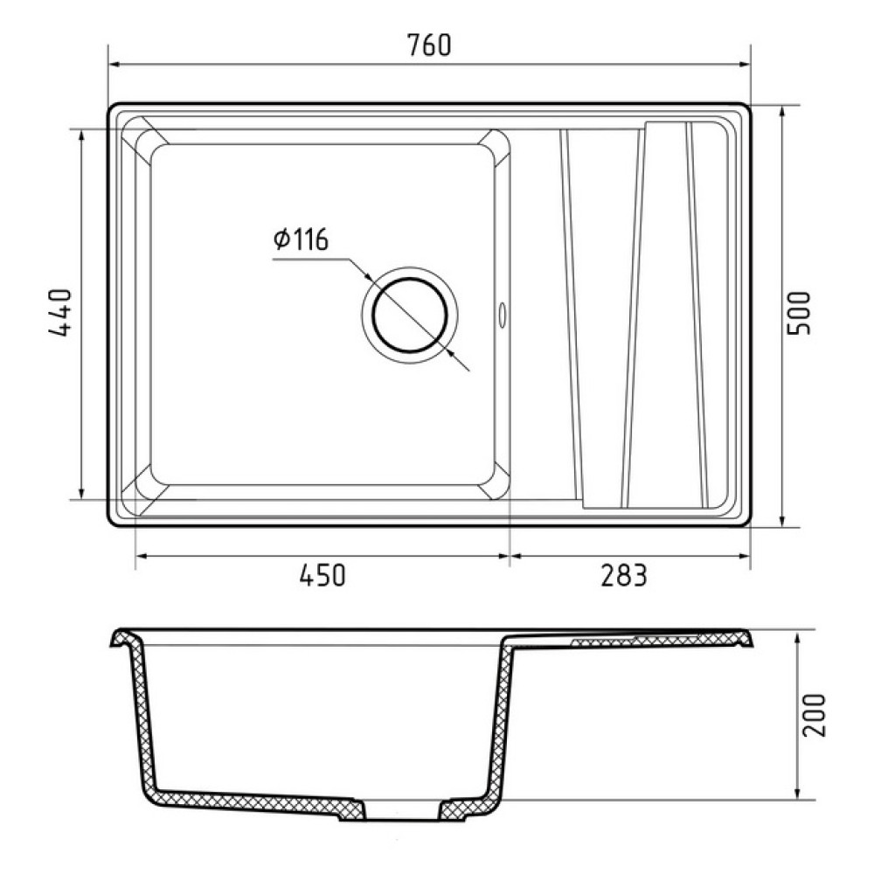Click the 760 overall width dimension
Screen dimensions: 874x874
click(x=428, y=45)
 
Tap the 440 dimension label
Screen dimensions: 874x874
click(x=60, y=312)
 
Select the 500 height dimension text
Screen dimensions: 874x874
click(x=798, y=313)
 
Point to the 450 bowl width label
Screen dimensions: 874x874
click(x=323, y=575)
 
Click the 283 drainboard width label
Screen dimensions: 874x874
click(x=624, y=575)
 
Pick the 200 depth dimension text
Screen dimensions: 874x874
click(x=813, y=716)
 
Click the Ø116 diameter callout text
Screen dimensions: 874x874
click(x=301, y=239)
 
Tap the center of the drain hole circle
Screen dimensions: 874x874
click(x=410, y=316)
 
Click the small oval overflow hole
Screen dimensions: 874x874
click(x=503, y=315)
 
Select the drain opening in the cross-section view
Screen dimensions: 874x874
click(x=401, y=811)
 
